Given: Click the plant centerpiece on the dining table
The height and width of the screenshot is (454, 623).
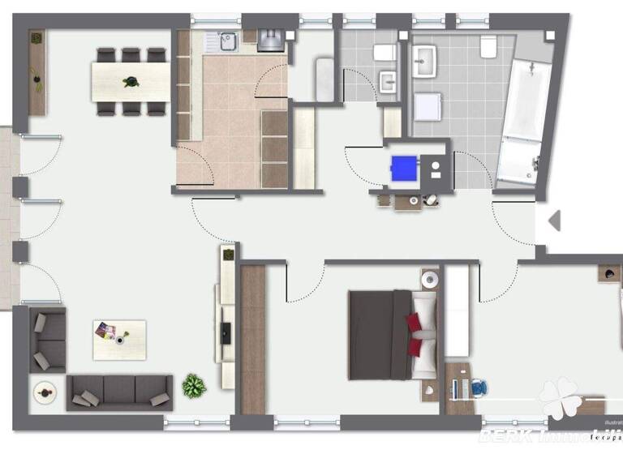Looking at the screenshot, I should (130, 81).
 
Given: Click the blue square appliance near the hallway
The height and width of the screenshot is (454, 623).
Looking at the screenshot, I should (403, 169).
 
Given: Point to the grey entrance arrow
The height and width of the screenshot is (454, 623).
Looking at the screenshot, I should (555, 221).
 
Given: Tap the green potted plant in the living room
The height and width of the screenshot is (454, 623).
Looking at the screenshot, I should (194, 384).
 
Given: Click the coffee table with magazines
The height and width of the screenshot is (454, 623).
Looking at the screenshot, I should (118, 340).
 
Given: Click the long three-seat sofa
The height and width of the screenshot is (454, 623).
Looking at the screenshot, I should (119, 392).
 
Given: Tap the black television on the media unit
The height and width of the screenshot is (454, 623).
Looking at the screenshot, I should (226, 331).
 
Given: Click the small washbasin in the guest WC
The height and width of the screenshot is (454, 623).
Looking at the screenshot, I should (389, 82).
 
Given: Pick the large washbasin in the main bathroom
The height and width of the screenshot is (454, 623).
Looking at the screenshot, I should (423, 60).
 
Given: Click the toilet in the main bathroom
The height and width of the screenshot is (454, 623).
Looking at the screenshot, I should (488, 47).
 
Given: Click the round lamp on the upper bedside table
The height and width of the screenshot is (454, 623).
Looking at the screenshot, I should (428, 280).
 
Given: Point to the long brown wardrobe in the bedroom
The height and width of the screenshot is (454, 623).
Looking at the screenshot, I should (253, 339).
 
